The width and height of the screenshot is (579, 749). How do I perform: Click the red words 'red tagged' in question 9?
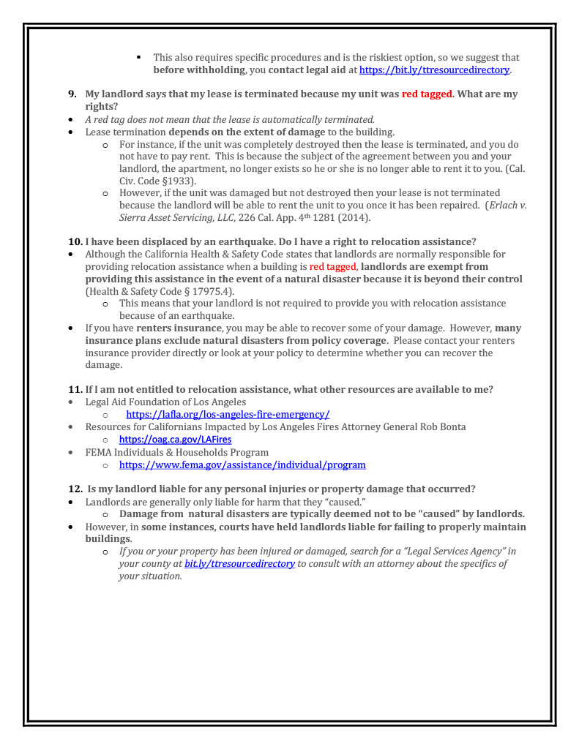pos(427,94)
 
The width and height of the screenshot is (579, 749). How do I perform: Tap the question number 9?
pos(72,94)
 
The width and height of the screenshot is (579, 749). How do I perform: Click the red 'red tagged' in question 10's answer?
pos(332,267)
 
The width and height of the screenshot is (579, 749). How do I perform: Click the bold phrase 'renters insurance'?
pos(179,328)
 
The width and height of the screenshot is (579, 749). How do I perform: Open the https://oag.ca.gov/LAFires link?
pos(175,440)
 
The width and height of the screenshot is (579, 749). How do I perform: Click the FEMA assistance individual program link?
pos(242,465)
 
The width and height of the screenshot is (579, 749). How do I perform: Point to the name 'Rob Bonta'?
pos(442,427)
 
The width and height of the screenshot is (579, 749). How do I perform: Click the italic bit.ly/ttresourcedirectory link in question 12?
pos(239,564)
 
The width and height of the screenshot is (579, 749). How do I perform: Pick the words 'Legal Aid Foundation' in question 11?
pos(135,402)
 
